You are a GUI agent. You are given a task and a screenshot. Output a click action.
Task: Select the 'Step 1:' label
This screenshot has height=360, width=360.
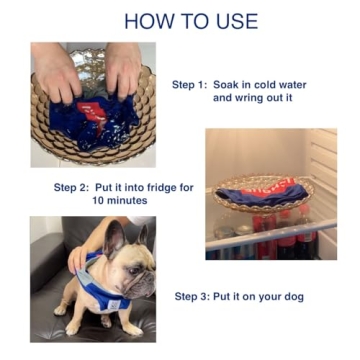click(190, 85)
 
